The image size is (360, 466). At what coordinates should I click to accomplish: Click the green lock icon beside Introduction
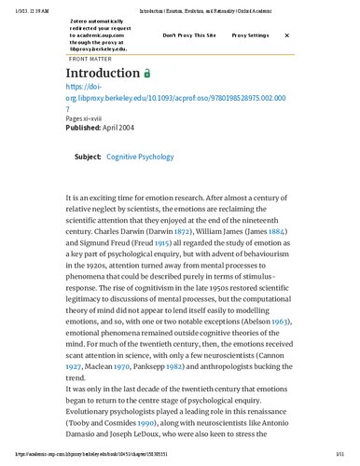pyautogui.click(x=147, y=74)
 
